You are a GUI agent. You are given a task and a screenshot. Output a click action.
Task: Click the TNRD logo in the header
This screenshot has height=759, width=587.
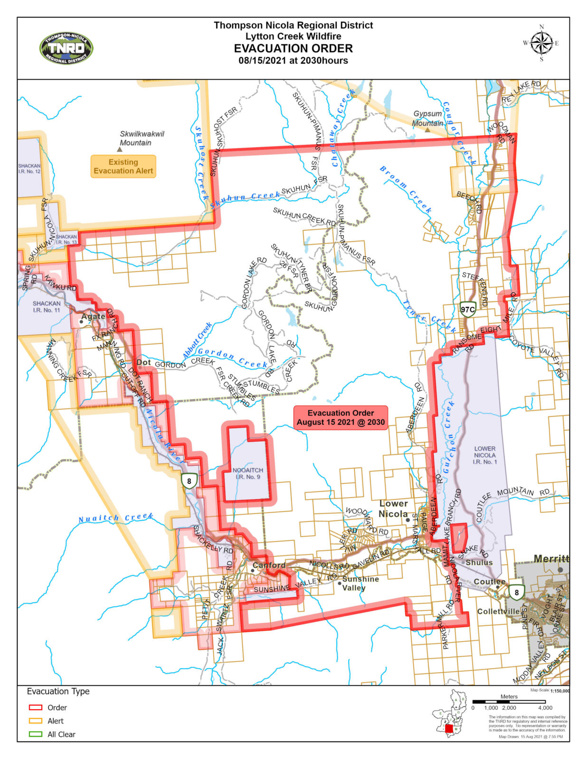(66, 48)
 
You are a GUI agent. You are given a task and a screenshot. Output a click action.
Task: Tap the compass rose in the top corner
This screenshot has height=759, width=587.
(541, 43)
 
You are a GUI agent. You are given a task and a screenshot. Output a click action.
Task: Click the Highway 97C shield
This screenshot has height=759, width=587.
(467, 310)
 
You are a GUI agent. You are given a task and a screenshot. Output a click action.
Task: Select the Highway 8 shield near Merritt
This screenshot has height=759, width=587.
(517, 592)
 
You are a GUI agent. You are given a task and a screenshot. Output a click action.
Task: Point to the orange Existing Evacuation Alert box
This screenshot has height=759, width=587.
(123, 167)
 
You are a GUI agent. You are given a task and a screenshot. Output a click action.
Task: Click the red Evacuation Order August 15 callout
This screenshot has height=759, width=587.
(341, 418)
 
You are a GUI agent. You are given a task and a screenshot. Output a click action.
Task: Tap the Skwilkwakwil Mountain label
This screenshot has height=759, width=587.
(142, 138)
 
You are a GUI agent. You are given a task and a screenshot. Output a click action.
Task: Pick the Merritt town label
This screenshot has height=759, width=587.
(551, 559)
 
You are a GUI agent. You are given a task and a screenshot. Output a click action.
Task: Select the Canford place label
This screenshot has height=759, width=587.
(269, 565)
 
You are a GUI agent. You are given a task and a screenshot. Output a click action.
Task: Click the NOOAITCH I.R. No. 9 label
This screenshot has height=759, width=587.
(247, 473)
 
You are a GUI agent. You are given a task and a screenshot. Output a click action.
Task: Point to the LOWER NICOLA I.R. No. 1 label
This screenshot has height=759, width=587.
(484, 455)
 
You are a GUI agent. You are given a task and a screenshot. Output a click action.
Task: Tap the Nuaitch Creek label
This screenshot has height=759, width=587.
(115, 518)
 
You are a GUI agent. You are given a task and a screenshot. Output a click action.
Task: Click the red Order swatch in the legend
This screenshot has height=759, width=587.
(36, 707)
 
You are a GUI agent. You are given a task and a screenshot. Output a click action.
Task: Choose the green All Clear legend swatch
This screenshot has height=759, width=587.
(36, 734)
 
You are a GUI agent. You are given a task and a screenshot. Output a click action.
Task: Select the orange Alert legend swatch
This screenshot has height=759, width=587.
(36, 721)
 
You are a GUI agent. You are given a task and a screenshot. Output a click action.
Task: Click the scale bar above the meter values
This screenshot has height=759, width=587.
(509, 702)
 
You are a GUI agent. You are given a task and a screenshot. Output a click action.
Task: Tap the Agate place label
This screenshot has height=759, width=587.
(93, 316)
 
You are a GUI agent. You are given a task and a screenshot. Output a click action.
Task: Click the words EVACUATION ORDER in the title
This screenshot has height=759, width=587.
(293, 48)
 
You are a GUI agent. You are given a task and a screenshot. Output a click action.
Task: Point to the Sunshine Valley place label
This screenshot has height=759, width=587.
(360, 583)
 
